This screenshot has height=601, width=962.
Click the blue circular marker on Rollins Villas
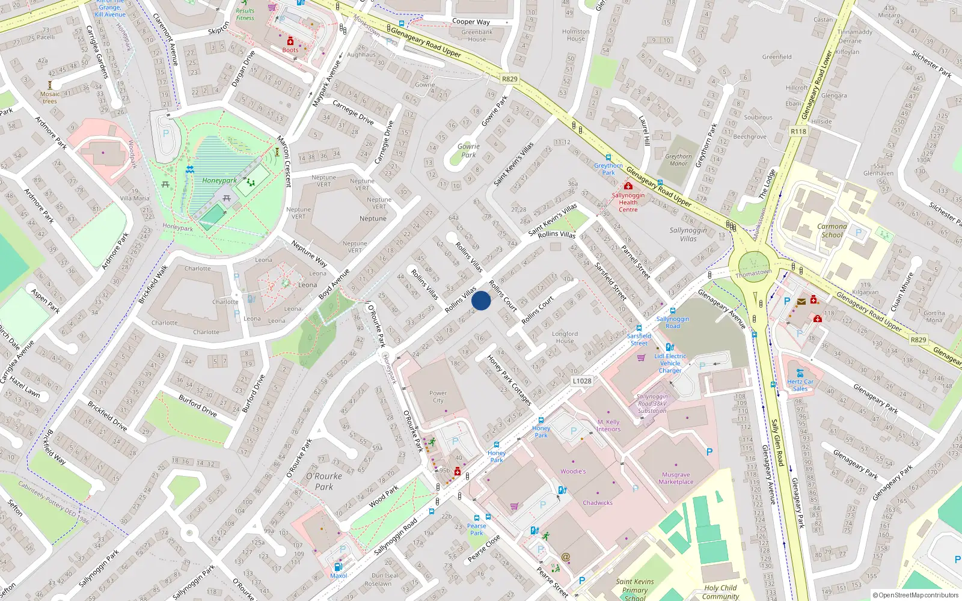coord(481,300)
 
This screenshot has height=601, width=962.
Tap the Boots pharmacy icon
coord(290,41)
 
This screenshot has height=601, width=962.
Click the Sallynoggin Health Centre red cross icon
coord(628,187)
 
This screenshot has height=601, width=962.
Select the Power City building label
coord(438,397)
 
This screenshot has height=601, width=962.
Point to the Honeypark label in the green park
coord(219,180)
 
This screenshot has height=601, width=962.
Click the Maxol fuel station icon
coord(338,567)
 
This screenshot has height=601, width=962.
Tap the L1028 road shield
coord(581,380)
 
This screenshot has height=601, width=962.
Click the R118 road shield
coord(798,131)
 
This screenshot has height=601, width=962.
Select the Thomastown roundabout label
coord(753,273)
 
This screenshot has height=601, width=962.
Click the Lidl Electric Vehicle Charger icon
coord(670,347)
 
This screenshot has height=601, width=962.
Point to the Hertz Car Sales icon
coord(800,373)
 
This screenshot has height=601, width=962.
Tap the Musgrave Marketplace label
coord(676,478)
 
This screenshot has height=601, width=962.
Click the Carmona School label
coord(832,231)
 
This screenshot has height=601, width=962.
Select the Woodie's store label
coord(573,471)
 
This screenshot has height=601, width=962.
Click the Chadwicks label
coord(597,503)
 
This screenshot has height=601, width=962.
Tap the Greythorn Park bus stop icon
coord(608,158)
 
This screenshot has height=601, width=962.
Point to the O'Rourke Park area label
coord(324,481)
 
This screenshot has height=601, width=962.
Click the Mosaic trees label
coord(50,97)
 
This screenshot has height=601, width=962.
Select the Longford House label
coord(565,337)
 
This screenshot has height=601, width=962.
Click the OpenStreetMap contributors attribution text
coord(915,595)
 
